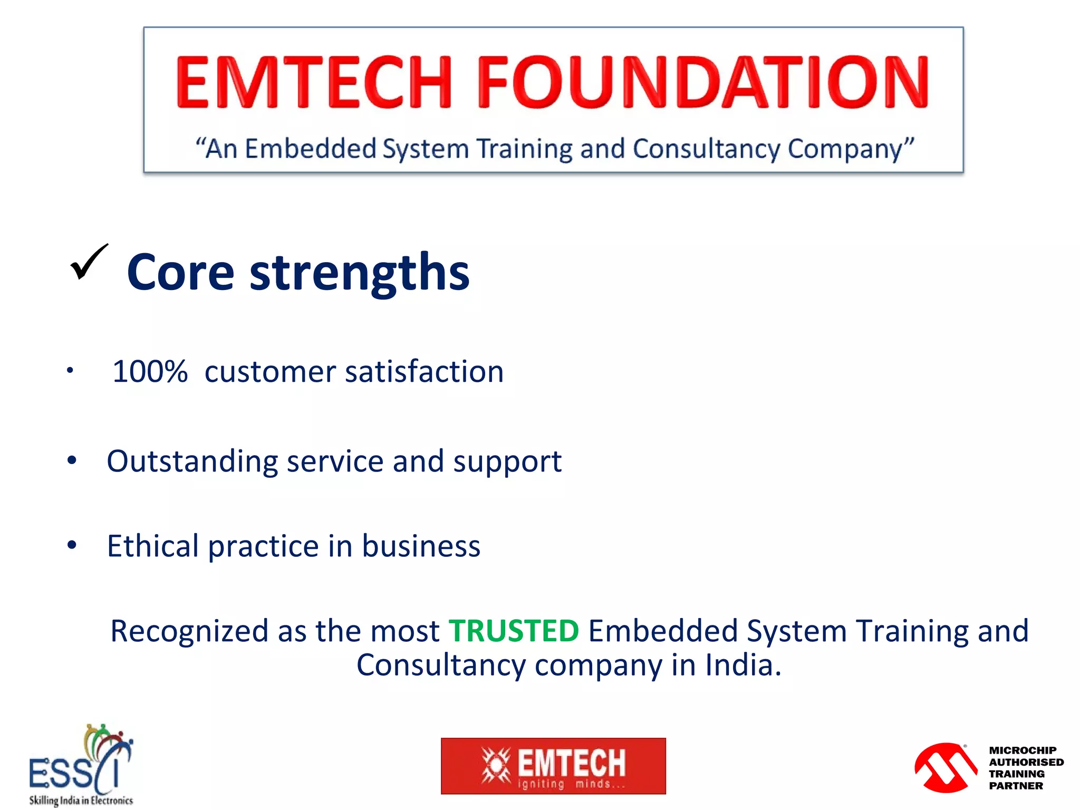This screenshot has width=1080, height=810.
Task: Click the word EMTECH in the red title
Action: pyautogui.click(x=313, y=82)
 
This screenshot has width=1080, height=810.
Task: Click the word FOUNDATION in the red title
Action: pyautogui.click(x=702, y=82)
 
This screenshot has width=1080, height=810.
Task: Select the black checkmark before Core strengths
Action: pyautogui.click(x=89, y=262)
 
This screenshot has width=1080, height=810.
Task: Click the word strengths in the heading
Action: pyautogui.click(x=359, y=273)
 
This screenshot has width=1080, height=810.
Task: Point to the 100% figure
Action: pyautogui.click(x=150, y=371)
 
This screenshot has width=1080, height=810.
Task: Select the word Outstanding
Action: pyautogui.click(x=192, y=461)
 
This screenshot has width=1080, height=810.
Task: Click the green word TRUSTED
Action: pyautogui.click(x=514, y=631)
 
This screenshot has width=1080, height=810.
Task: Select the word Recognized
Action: pyautogui.click(x=189, y=631)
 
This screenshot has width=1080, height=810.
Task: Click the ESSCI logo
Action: pyautogui.click(x=81, y=765)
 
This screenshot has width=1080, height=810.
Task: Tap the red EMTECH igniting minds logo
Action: pyautogui.click(x=553, y=766)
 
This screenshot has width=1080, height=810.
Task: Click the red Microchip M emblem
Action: pyautogui.click(x=946, y=767)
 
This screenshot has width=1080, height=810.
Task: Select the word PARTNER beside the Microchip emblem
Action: pyautogui.click(x=1016, y=786)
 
